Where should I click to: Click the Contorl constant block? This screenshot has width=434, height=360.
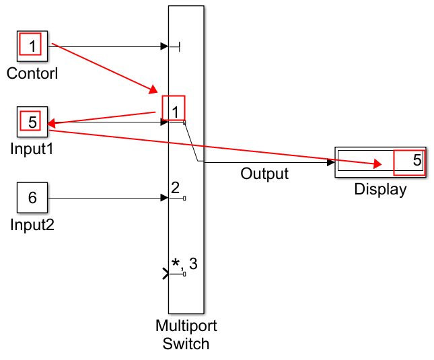(x=31, y=46)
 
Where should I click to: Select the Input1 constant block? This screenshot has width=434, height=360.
(x=31, y=122)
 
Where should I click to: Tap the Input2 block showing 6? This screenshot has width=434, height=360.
(x=31, y=198)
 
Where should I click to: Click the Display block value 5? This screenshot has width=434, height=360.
(x=410, y=161)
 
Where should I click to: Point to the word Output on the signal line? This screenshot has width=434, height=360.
(x=264, y=174)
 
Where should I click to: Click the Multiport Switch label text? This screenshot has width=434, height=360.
(x=186, y=335)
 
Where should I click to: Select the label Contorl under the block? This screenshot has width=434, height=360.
(x=32, y=73)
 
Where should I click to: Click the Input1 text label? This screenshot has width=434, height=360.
(x=32, y=149)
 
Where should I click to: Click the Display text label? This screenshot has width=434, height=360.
(x=380, y=190)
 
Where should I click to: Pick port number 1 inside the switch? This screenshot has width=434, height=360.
(x=174, y=110)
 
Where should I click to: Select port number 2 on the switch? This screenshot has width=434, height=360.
(x=175, y=188)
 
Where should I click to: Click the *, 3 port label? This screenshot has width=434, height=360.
(x=184, y=264)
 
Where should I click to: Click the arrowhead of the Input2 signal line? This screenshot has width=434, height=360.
(x=164, y=198)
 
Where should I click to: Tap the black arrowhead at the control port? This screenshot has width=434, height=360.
(x=164, y=46)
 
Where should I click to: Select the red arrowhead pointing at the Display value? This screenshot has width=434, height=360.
(x=377, y=164)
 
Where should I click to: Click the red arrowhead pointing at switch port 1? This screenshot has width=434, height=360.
(x=154, y=90)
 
